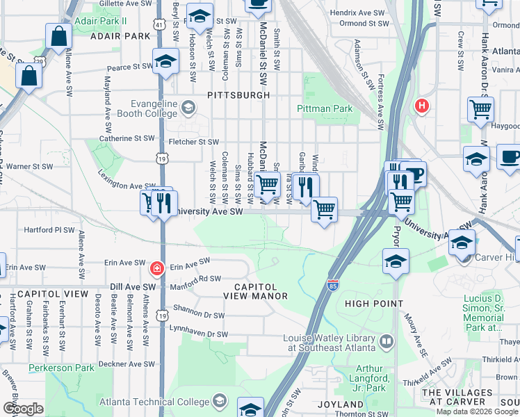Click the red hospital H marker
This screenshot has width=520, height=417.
[421, 106]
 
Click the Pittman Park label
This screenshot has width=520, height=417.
[325, 108]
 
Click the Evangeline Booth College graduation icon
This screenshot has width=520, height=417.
[188, 108]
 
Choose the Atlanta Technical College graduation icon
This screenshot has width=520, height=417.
[220, 401]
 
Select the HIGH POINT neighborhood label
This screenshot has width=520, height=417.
[373, 304]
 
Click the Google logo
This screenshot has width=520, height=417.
[24, 409]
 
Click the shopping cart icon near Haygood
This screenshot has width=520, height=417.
[480, 108]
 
